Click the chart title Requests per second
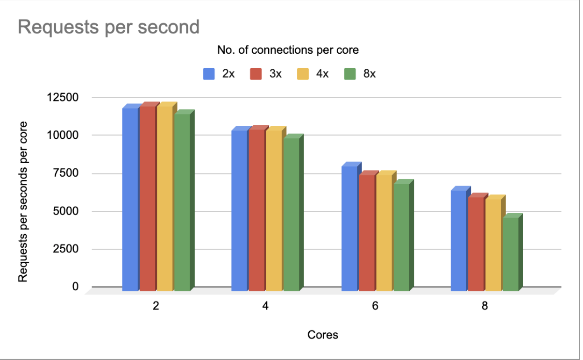108,27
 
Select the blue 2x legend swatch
208,74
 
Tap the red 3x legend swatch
256,74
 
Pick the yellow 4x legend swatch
303,74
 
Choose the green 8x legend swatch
349,74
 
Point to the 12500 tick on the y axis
65,98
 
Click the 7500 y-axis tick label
68,173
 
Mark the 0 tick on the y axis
75,287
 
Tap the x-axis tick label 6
375,306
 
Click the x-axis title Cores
323,335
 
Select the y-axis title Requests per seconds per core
22,202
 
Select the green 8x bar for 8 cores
510,254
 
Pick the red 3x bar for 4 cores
256,210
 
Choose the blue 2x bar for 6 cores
349,229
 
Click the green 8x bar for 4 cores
291,215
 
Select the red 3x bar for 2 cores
147,199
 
